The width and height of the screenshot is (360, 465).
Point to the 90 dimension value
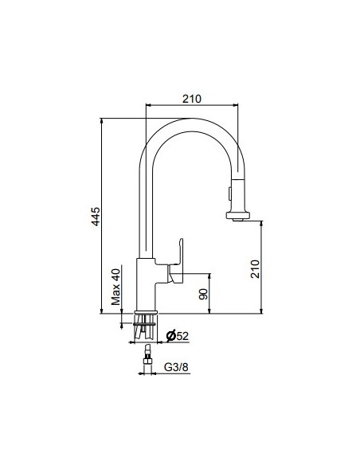(x=203, y=294)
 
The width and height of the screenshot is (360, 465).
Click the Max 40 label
(x=116, y=287)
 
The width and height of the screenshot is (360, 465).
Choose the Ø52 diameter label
(x=178, y=336)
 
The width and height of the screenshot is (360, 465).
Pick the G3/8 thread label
(x=176, y=367)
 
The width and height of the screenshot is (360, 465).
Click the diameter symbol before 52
(x=170, y=336)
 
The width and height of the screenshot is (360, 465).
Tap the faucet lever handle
(x=176, y=261)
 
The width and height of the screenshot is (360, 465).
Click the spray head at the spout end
(x=238, y=198)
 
